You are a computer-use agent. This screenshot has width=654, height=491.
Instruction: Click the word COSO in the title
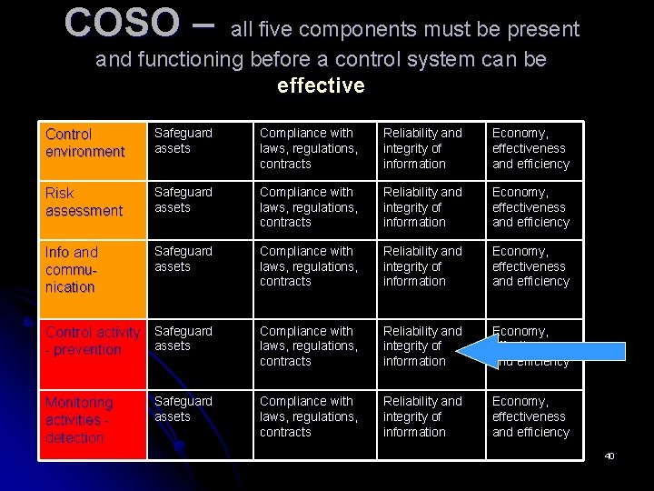click(122, 24)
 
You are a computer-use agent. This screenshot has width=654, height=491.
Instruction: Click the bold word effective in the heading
click(321, 86)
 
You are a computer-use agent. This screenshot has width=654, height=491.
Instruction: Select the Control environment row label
click(84, 143)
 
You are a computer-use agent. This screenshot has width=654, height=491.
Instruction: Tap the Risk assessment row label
click(84, 202)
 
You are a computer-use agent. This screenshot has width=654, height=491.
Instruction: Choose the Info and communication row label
click(72, 269)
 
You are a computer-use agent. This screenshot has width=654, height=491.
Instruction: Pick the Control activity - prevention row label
click(92, 341)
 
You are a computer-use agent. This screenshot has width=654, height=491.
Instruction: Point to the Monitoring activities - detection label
click(80, 419)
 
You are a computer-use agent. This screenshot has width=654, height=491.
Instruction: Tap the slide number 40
click(609, 456)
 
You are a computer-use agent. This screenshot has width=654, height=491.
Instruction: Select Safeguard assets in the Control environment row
click(183, 141)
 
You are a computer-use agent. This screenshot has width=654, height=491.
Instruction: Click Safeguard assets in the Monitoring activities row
click(183, 409)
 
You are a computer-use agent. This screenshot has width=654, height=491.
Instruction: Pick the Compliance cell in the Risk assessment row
click(308, 206)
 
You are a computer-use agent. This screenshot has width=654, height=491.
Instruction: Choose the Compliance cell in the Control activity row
click(308, 346)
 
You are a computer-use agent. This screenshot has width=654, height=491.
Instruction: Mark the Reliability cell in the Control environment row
click(422, 148)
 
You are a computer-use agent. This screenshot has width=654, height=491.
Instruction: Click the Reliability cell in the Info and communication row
click(422, 266)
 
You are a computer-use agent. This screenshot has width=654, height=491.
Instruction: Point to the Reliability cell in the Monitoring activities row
click(422, 416)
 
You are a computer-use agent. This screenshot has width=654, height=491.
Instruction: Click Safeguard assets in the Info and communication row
click(183, 259)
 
